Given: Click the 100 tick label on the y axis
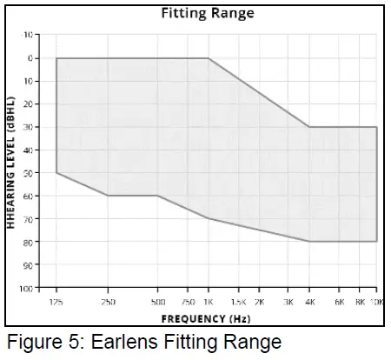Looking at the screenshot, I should [x=26, y=288].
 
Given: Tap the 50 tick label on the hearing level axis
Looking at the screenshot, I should [x=28, y=173].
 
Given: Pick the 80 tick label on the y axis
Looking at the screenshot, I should [x=28, y=242].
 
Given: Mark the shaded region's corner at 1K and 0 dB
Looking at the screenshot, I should [x=209, y=58].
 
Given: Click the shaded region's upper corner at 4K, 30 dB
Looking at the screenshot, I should [x=309, y=127].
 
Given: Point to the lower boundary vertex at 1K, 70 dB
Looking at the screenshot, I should [x=209, y=218].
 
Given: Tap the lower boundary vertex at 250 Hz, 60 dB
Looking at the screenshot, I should [x=108, y=196].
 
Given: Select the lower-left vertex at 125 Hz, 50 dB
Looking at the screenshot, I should [x=56, y=172].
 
